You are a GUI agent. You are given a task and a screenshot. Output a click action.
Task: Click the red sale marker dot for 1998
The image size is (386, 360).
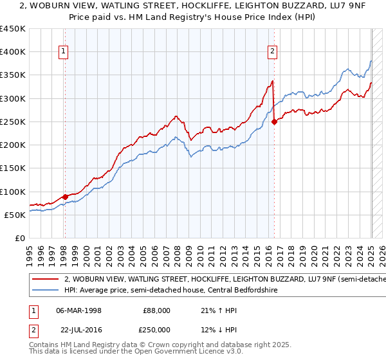coord(65,197)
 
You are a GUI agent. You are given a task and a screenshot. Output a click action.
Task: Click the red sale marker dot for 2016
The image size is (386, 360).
coord(275,122)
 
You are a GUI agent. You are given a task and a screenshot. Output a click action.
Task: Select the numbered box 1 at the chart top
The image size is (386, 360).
coord(64,52)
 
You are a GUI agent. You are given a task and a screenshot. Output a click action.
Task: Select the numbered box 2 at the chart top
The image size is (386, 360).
coord(273,52)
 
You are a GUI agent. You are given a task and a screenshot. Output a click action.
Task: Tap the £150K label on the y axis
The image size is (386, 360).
coord(13,168)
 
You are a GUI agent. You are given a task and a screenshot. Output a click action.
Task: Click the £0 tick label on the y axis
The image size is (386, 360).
coord(19,238)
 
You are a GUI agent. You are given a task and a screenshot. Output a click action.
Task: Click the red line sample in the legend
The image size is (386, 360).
coord(45,280)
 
